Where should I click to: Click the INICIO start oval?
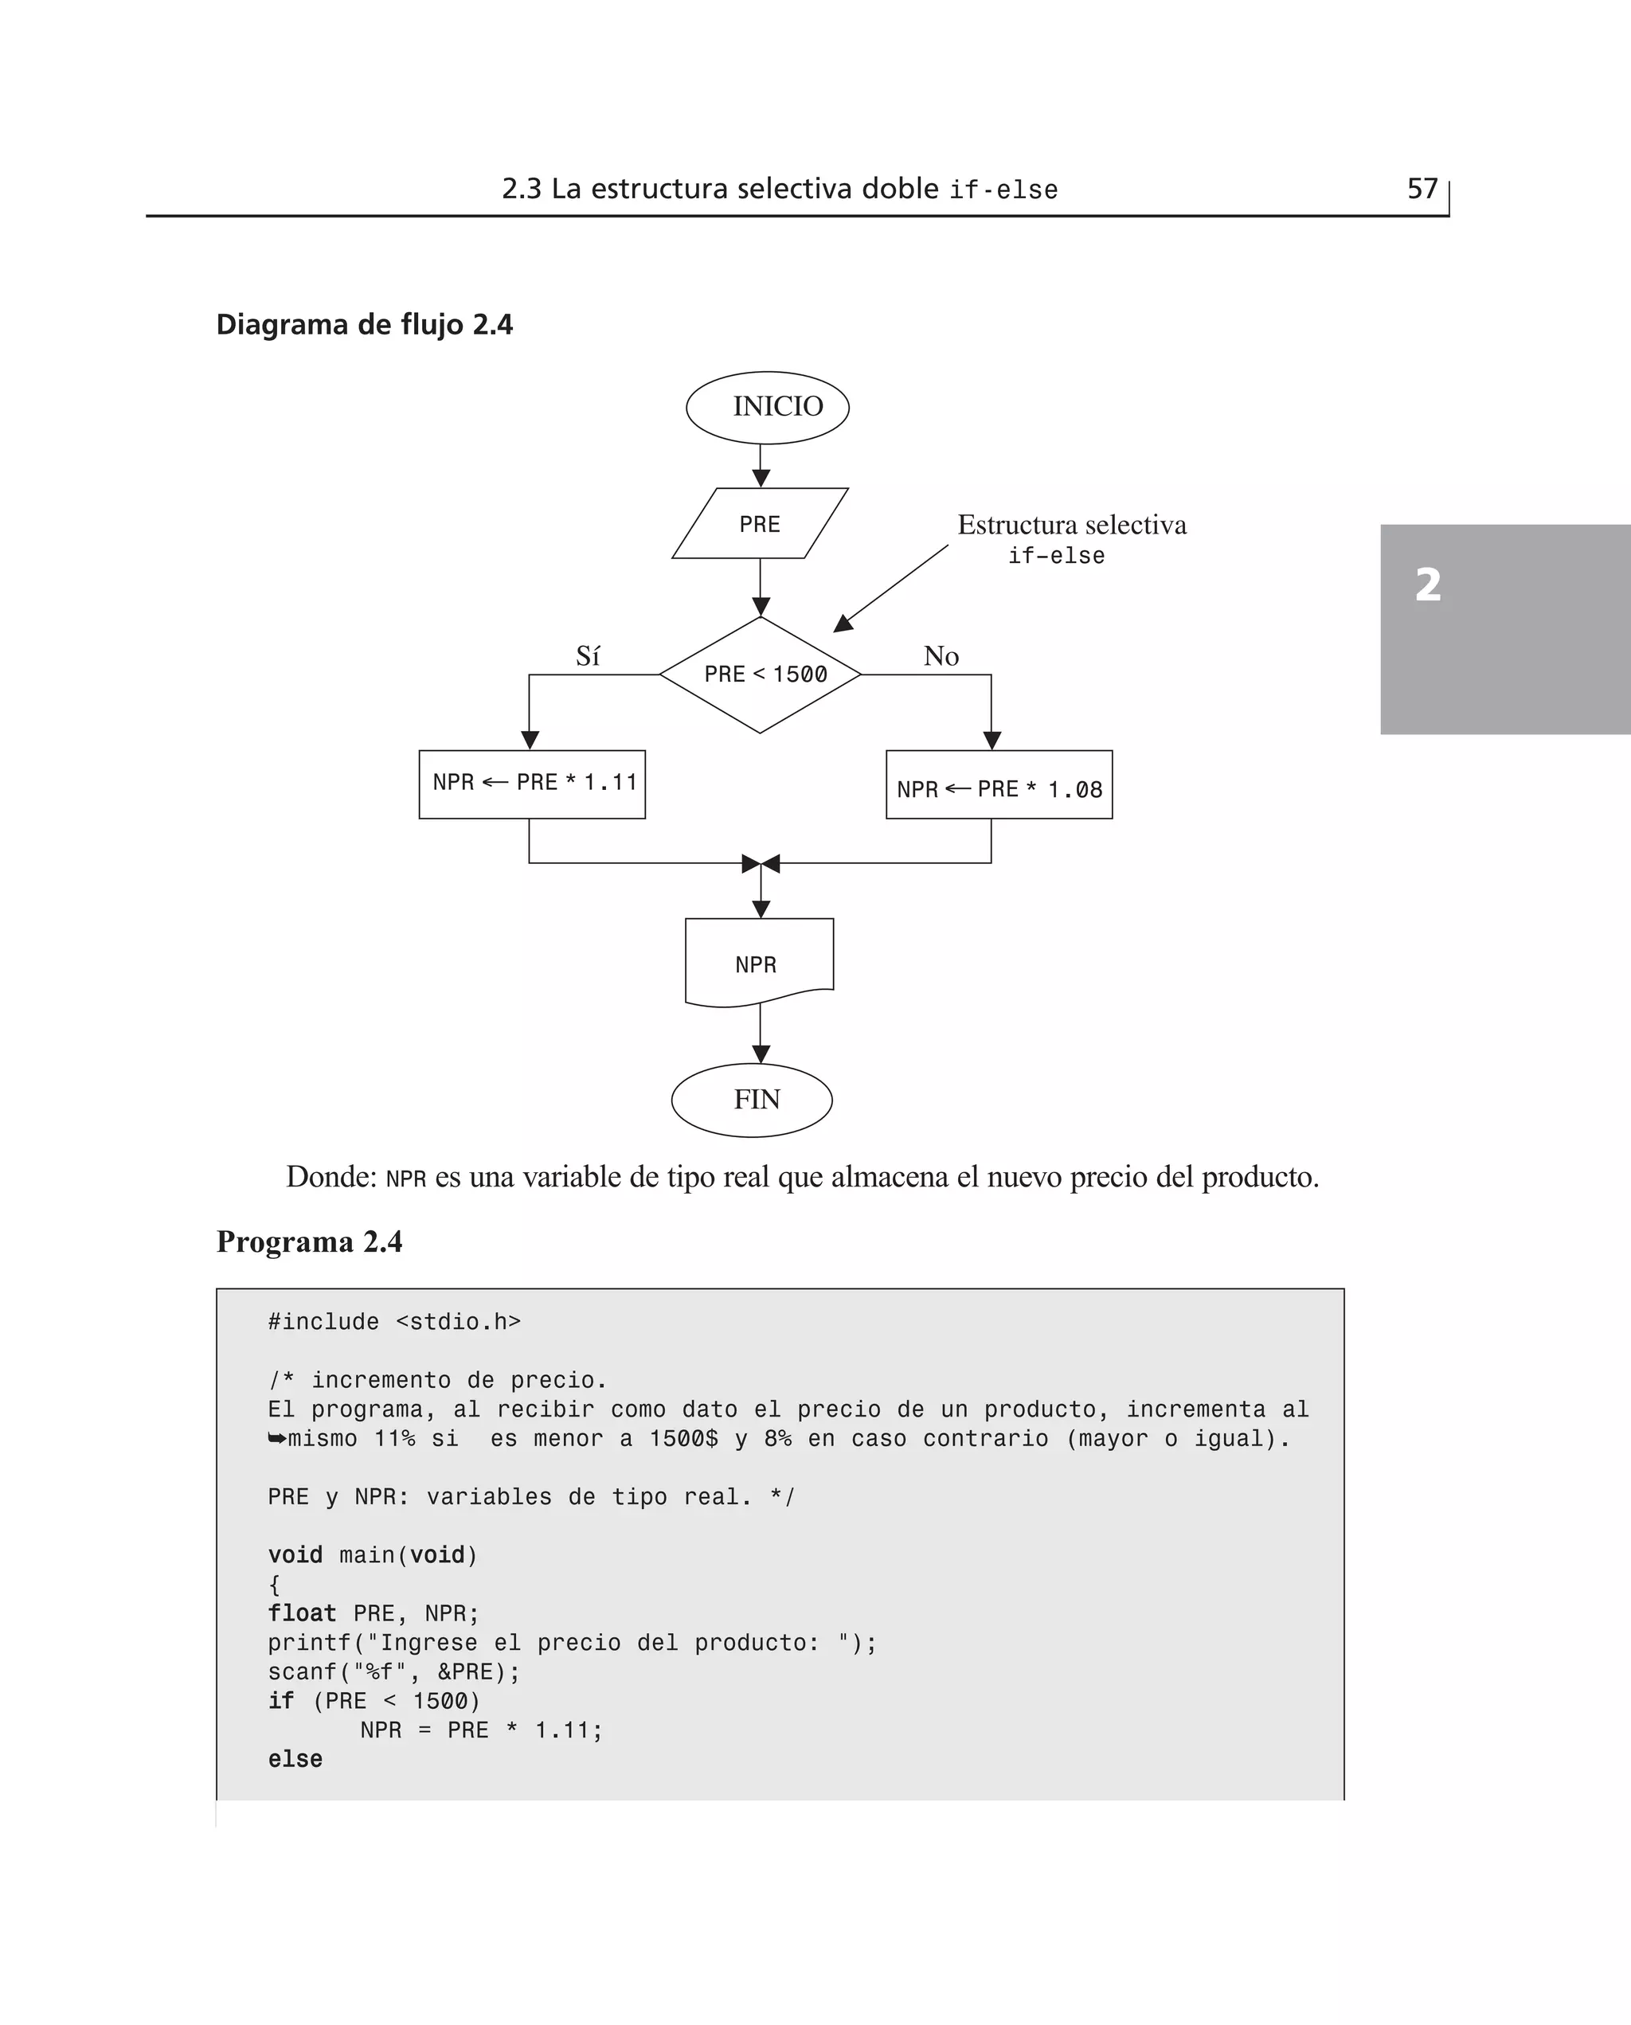pos(768,407)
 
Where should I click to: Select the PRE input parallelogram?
pos(760,523)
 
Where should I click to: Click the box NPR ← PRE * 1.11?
pos(532,784)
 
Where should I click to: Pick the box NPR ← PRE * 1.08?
pos(999,785)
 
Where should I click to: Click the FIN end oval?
pos(753,1100)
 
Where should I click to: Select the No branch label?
pos(941,655)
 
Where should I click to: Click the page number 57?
pos(1422,189)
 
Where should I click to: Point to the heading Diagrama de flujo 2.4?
pos(365,325)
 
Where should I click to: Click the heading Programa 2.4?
pos(309,1241)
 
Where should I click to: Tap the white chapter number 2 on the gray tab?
pos(1428,585)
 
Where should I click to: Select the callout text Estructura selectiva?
pos(1072,525)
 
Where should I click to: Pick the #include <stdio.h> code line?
pos(394,1322)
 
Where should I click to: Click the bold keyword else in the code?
pos(295,1759)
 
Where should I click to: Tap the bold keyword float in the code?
pos(302,1613)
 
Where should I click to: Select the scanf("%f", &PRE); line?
pos(393,1672)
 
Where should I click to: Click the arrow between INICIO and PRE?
pos(761,466)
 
